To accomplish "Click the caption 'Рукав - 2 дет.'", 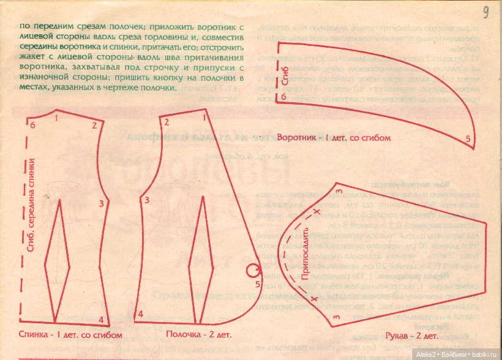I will coord(411,336).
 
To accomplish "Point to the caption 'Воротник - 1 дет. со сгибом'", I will coord(334,138).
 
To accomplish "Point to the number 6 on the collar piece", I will coord(283,97).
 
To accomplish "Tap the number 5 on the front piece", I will coord(258,284).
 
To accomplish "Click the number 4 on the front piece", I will coord(140,313).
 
